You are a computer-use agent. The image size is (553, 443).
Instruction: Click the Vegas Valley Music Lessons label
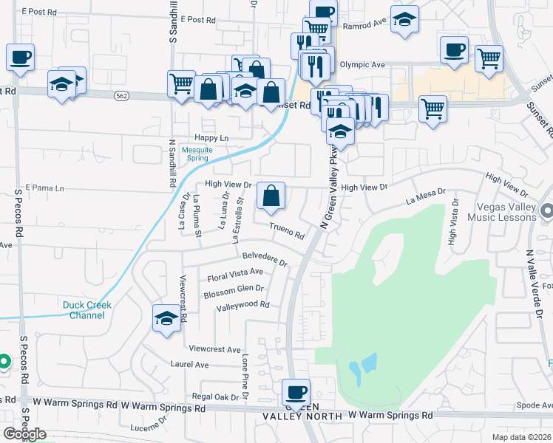[x=495, y=211]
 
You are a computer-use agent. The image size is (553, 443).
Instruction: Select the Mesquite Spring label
[x=197, y=154]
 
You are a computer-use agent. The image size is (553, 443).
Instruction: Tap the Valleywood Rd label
[x=242, y=304]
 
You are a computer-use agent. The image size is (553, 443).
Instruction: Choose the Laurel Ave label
[x=190, y=364]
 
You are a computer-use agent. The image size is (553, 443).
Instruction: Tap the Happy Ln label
[x=211, y=138]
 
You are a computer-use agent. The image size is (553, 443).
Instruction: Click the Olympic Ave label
[x=362, y=65]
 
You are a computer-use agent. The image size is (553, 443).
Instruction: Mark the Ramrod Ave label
[x=370, y=23]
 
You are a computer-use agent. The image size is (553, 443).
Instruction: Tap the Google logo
[x=24, y=434]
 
